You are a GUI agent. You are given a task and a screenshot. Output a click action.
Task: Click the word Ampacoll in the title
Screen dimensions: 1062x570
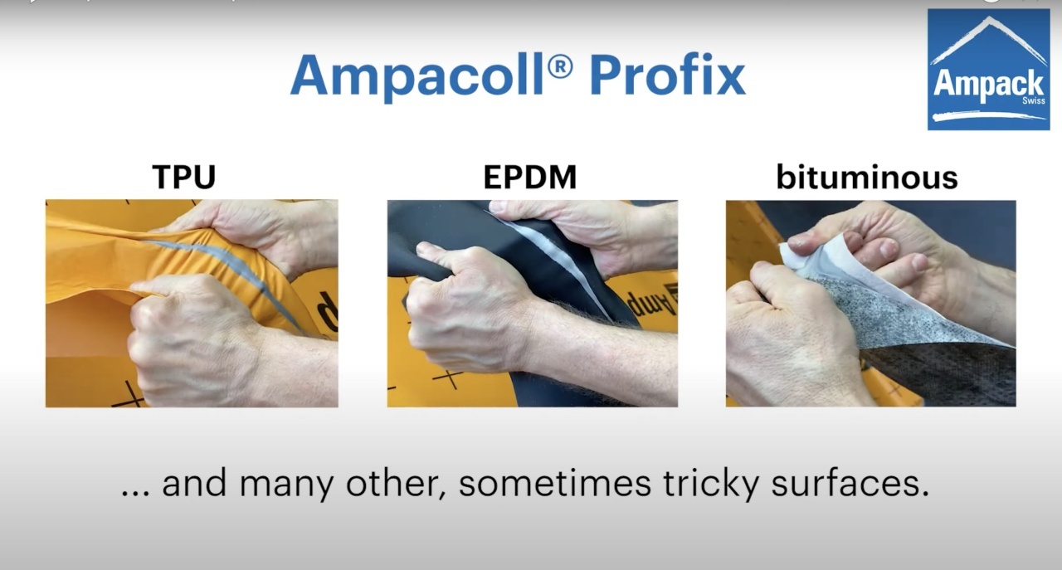coord(417,76)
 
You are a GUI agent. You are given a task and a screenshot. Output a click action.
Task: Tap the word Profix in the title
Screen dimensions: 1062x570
coord(668,76)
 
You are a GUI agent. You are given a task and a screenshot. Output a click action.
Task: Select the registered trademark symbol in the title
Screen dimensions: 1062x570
coord(560,67)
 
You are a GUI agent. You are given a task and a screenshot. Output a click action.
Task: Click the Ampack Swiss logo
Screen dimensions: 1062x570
coord(988,69)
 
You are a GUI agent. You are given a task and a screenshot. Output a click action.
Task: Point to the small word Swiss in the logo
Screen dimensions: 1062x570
coord(1034,100)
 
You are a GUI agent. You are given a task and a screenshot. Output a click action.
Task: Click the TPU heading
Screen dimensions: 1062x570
coord(184,177)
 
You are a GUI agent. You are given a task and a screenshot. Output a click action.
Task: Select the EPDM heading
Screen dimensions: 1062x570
coord(529,177)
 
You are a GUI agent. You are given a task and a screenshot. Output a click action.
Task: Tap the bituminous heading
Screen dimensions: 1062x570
coord(867,177)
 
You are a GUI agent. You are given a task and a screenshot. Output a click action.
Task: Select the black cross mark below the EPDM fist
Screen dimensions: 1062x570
coord(447,378)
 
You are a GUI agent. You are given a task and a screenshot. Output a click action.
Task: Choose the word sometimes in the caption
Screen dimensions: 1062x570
coord(555,484)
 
